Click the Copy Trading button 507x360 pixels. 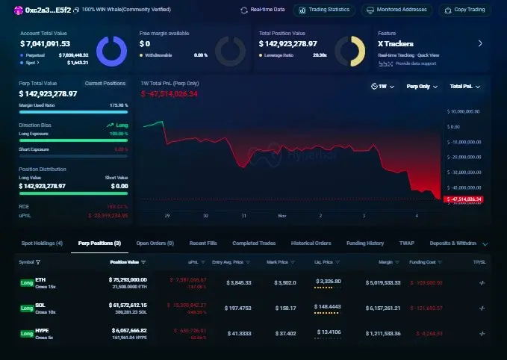465,10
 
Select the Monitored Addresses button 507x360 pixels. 396,10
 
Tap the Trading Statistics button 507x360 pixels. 323,10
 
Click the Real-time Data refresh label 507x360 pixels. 263,10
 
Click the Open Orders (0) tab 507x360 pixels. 155,243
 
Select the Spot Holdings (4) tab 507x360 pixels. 42,243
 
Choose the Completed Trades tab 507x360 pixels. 255,243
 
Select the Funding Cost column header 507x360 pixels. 427,262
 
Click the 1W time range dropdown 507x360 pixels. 384,86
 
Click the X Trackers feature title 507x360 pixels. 396,44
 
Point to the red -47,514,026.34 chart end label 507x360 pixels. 464,199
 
